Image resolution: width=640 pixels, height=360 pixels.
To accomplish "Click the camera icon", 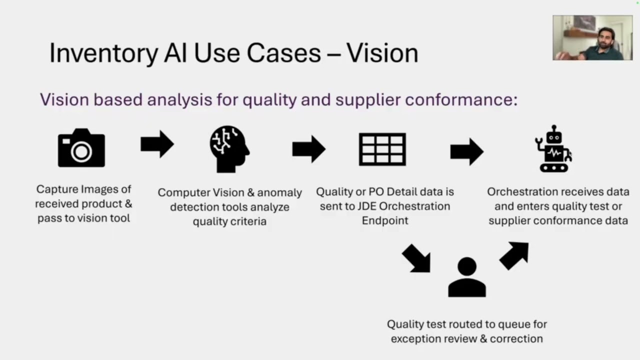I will [81, 148].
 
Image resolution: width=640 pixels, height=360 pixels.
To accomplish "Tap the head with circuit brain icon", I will [229, 148].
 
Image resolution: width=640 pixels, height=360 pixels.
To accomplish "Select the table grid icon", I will [382, 149].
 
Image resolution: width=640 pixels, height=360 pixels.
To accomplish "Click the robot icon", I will [553, 149].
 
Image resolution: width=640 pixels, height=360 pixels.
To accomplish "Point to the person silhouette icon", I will [467, 277].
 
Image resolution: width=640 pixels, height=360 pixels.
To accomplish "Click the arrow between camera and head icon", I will [157, 144].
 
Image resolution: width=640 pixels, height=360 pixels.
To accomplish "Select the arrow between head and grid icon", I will [309, 149].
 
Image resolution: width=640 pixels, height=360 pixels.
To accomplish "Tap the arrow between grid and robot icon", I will [467, 151].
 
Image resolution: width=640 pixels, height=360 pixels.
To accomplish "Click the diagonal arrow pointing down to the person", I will [416, 258].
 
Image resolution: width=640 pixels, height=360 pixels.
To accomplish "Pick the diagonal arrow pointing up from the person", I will [514, 255].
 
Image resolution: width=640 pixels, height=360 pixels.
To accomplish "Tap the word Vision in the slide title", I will [382, 53].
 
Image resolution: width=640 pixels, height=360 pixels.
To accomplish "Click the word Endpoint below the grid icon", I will [385, 220].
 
